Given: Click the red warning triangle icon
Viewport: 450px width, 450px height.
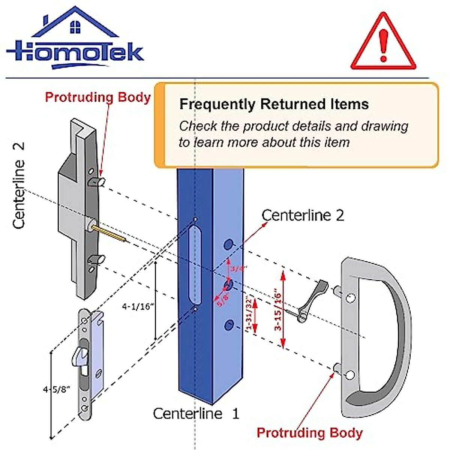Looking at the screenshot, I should click(x=383, y=45).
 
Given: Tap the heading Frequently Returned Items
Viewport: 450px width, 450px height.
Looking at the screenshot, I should click(x=274, y=104).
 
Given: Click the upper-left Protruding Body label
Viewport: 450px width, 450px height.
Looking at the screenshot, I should click(x=97, y=97).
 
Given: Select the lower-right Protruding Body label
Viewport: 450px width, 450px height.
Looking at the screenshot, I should click(x=310, y=432).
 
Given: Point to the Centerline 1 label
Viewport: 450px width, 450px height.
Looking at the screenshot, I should click(x=196, y=414).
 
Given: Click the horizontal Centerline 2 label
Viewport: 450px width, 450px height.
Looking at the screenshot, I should click(x=303, y=216).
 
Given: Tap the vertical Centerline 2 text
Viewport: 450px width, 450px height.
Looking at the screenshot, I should click(x=19, y=185).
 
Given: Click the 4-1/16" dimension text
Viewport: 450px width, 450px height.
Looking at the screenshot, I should click(x=138, y=307).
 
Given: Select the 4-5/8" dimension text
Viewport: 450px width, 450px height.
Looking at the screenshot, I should click(x=57, y=389).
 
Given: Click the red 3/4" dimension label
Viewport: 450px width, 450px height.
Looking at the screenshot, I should click(x=238, y=268).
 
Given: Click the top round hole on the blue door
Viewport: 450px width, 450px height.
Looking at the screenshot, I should click(x=228, y=245).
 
